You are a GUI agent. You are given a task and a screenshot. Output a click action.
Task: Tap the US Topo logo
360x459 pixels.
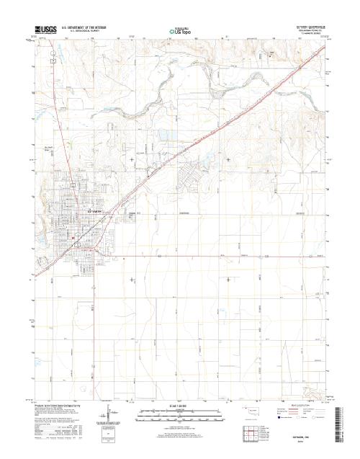[180, 31]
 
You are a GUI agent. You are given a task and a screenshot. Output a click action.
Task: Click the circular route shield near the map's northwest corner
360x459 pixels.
[53, 61]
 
